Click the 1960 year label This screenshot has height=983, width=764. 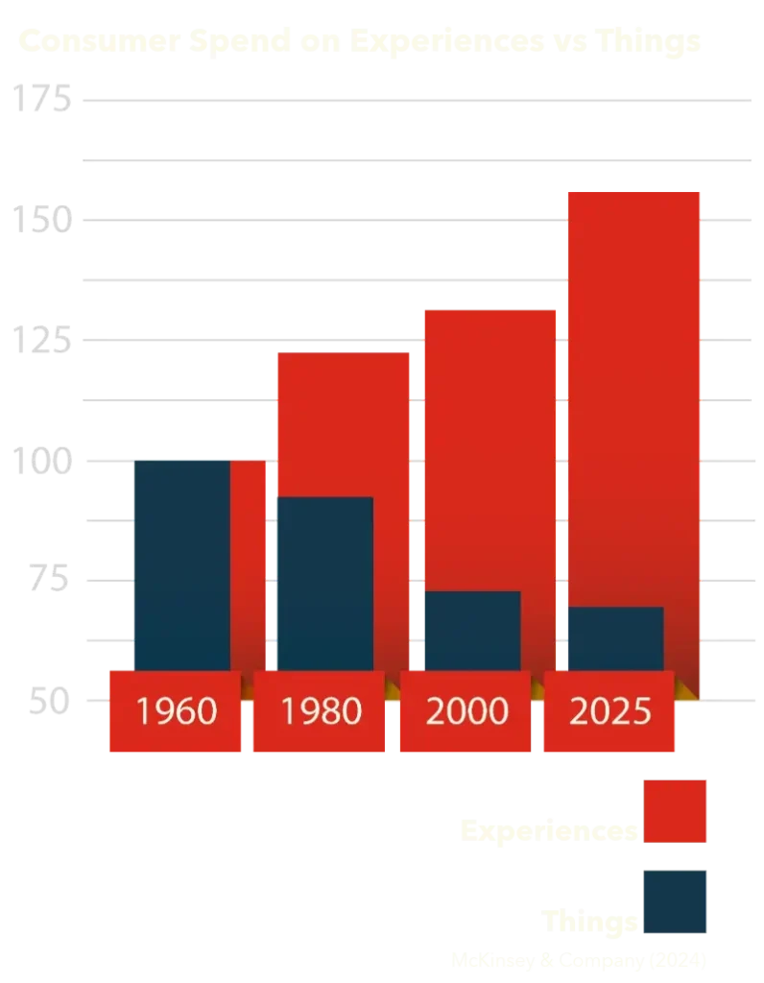click(x=177, y=711)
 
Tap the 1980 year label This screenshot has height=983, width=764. click(x=321, y=711)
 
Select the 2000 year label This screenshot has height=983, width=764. click(x=466, y=711)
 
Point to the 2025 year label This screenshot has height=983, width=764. click(x=609, y=711)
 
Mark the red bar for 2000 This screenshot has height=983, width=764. click(x=490, y=442)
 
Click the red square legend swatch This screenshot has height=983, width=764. click(x=677, y=811)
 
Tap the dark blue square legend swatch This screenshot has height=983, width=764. click(x=677, y=901)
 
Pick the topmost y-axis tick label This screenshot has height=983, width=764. click(x=42, y=100)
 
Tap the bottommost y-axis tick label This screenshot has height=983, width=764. click(x=44, y=704)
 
